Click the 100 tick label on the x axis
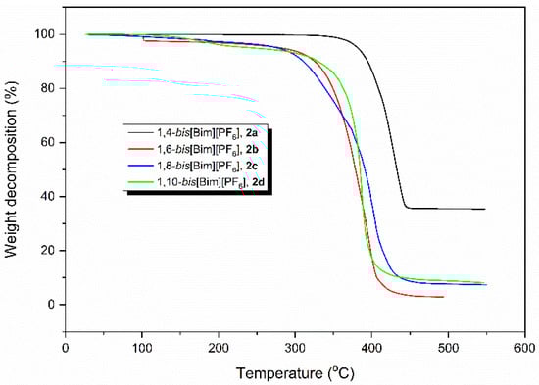[x=142, y=346]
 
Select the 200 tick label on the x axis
[x=219, y=346]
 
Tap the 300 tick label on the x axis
[x=295, y=346]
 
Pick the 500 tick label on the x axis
[x=448, y=346]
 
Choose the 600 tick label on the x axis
[x=524, y=346]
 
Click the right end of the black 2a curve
[x=484, y=209]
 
